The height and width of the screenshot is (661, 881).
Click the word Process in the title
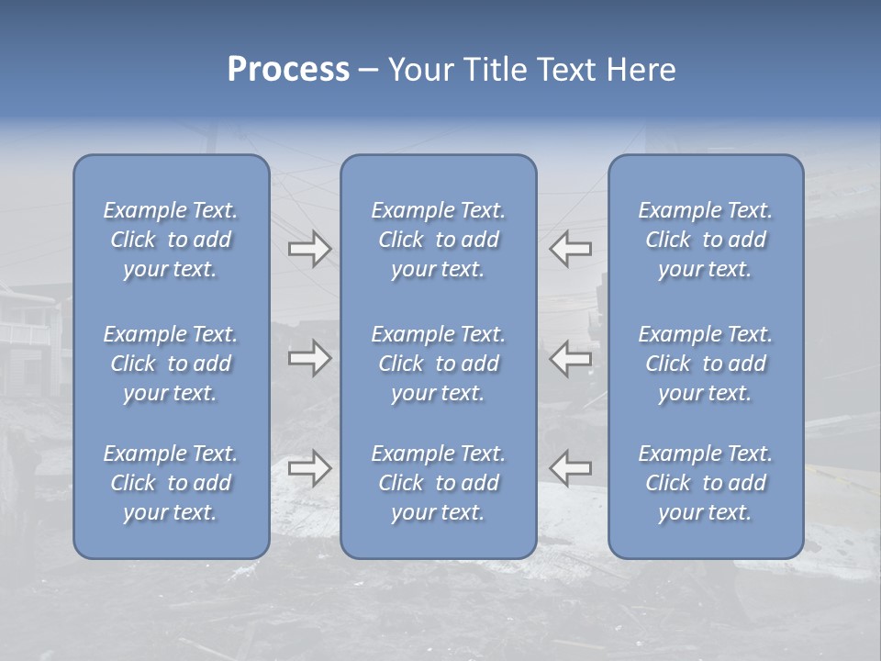coord(288,70)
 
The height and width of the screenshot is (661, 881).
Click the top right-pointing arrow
coord(309,248)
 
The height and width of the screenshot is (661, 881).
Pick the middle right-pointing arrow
coord(309,358)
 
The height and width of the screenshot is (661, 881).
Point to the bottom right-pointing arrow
coord(309,468)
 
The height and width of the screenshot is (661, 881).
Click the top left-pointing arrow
coord(571,248)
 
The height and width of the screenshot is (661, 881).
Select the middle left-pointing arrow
coord(571,358)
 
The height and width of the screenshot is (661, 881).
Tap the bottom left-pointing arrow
coord(571,468)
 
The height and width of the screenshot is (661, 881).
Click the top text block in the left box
coord(171,240)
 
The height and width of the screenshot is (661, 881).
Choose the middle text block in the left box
coord(171,364)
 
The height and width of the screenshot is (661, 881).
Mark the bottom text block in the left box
coord(171,483)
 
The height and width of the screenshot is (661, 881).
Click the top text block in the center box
coord(439,240)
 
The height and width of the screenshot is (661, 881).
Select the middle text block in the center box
coord(439,364)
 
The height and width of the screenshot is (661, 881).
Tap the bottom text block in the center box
coord(439,483)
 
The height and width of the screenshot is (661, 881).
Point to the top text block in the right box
coord(706,240)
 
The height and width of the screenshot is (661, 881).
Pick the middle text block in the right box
coord(706,364)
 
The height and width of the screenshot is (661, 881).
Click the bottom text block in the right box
coord(706,483)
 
